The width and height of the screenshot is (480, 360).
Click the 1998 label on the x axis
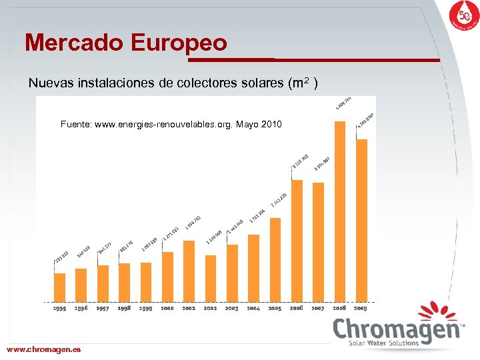[x=124, y=309]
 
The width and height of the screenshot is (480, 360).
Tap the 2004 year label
[x=253, y=309]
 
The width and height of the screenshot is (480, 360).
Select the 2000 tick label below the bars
[x=167, y=309]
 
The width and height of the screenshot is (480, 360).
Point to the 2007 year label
[x=318, y=309]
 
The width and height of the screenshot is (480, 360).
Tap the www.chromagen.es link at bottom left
[x=43, y=349]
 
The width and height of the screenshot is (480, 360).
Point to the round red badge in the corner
[x=463, y=16]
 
